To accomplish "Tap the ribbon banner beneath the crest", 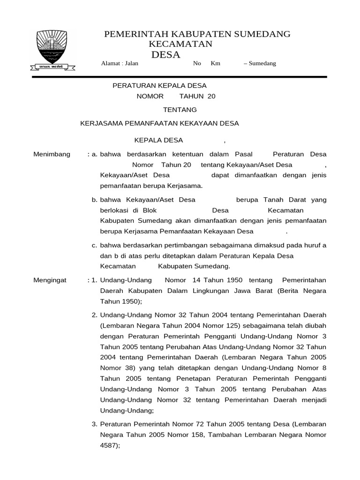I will click(x=52, y=66).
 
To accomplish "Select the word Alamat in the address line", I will click(x=110, y=63).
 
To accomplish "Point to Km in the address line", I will click(x=216, y=63).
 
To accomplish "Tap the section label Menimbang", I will click(x=52, y=154).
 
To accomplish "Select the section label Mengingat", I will click(x=50, y=280).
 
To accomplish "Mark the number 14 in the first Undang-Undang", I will click(x=196, y=280).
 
